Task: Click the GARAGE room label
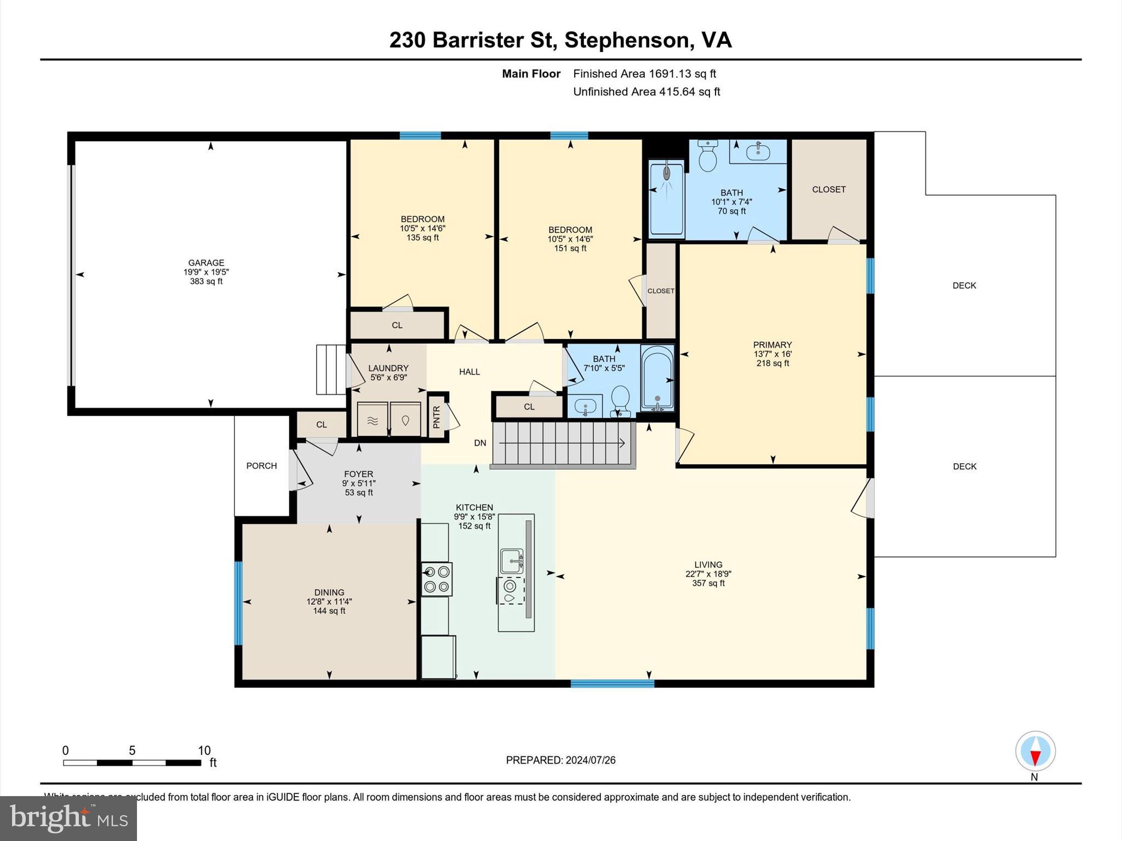point(207,263)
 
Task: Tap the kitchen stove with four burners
point(437,579)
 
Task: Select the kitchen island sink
point(512,561)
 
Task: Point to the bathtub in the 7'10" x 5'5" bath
point(657,378)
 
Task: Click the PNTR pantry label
point(437,417)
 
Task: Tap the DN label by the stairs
point(480,443)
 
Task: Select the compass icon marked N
point(1035,751)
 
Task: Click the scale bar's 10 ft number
point(204,751)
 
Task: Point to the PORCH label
point(261,466)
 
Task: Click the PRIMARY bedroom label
point(772,345)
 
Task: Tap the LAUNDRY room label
point(388,368)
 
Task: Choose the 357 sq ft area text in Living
point(708,583)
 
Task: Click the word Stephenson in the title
point(626,41)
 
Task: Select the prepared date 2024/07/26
point(591,760)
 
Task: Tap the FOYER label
point(358,474)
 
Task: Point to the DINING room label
point(329,592)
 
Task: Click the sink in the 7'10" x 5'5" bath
point(586,407)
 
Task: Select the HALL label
point(470,372)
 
